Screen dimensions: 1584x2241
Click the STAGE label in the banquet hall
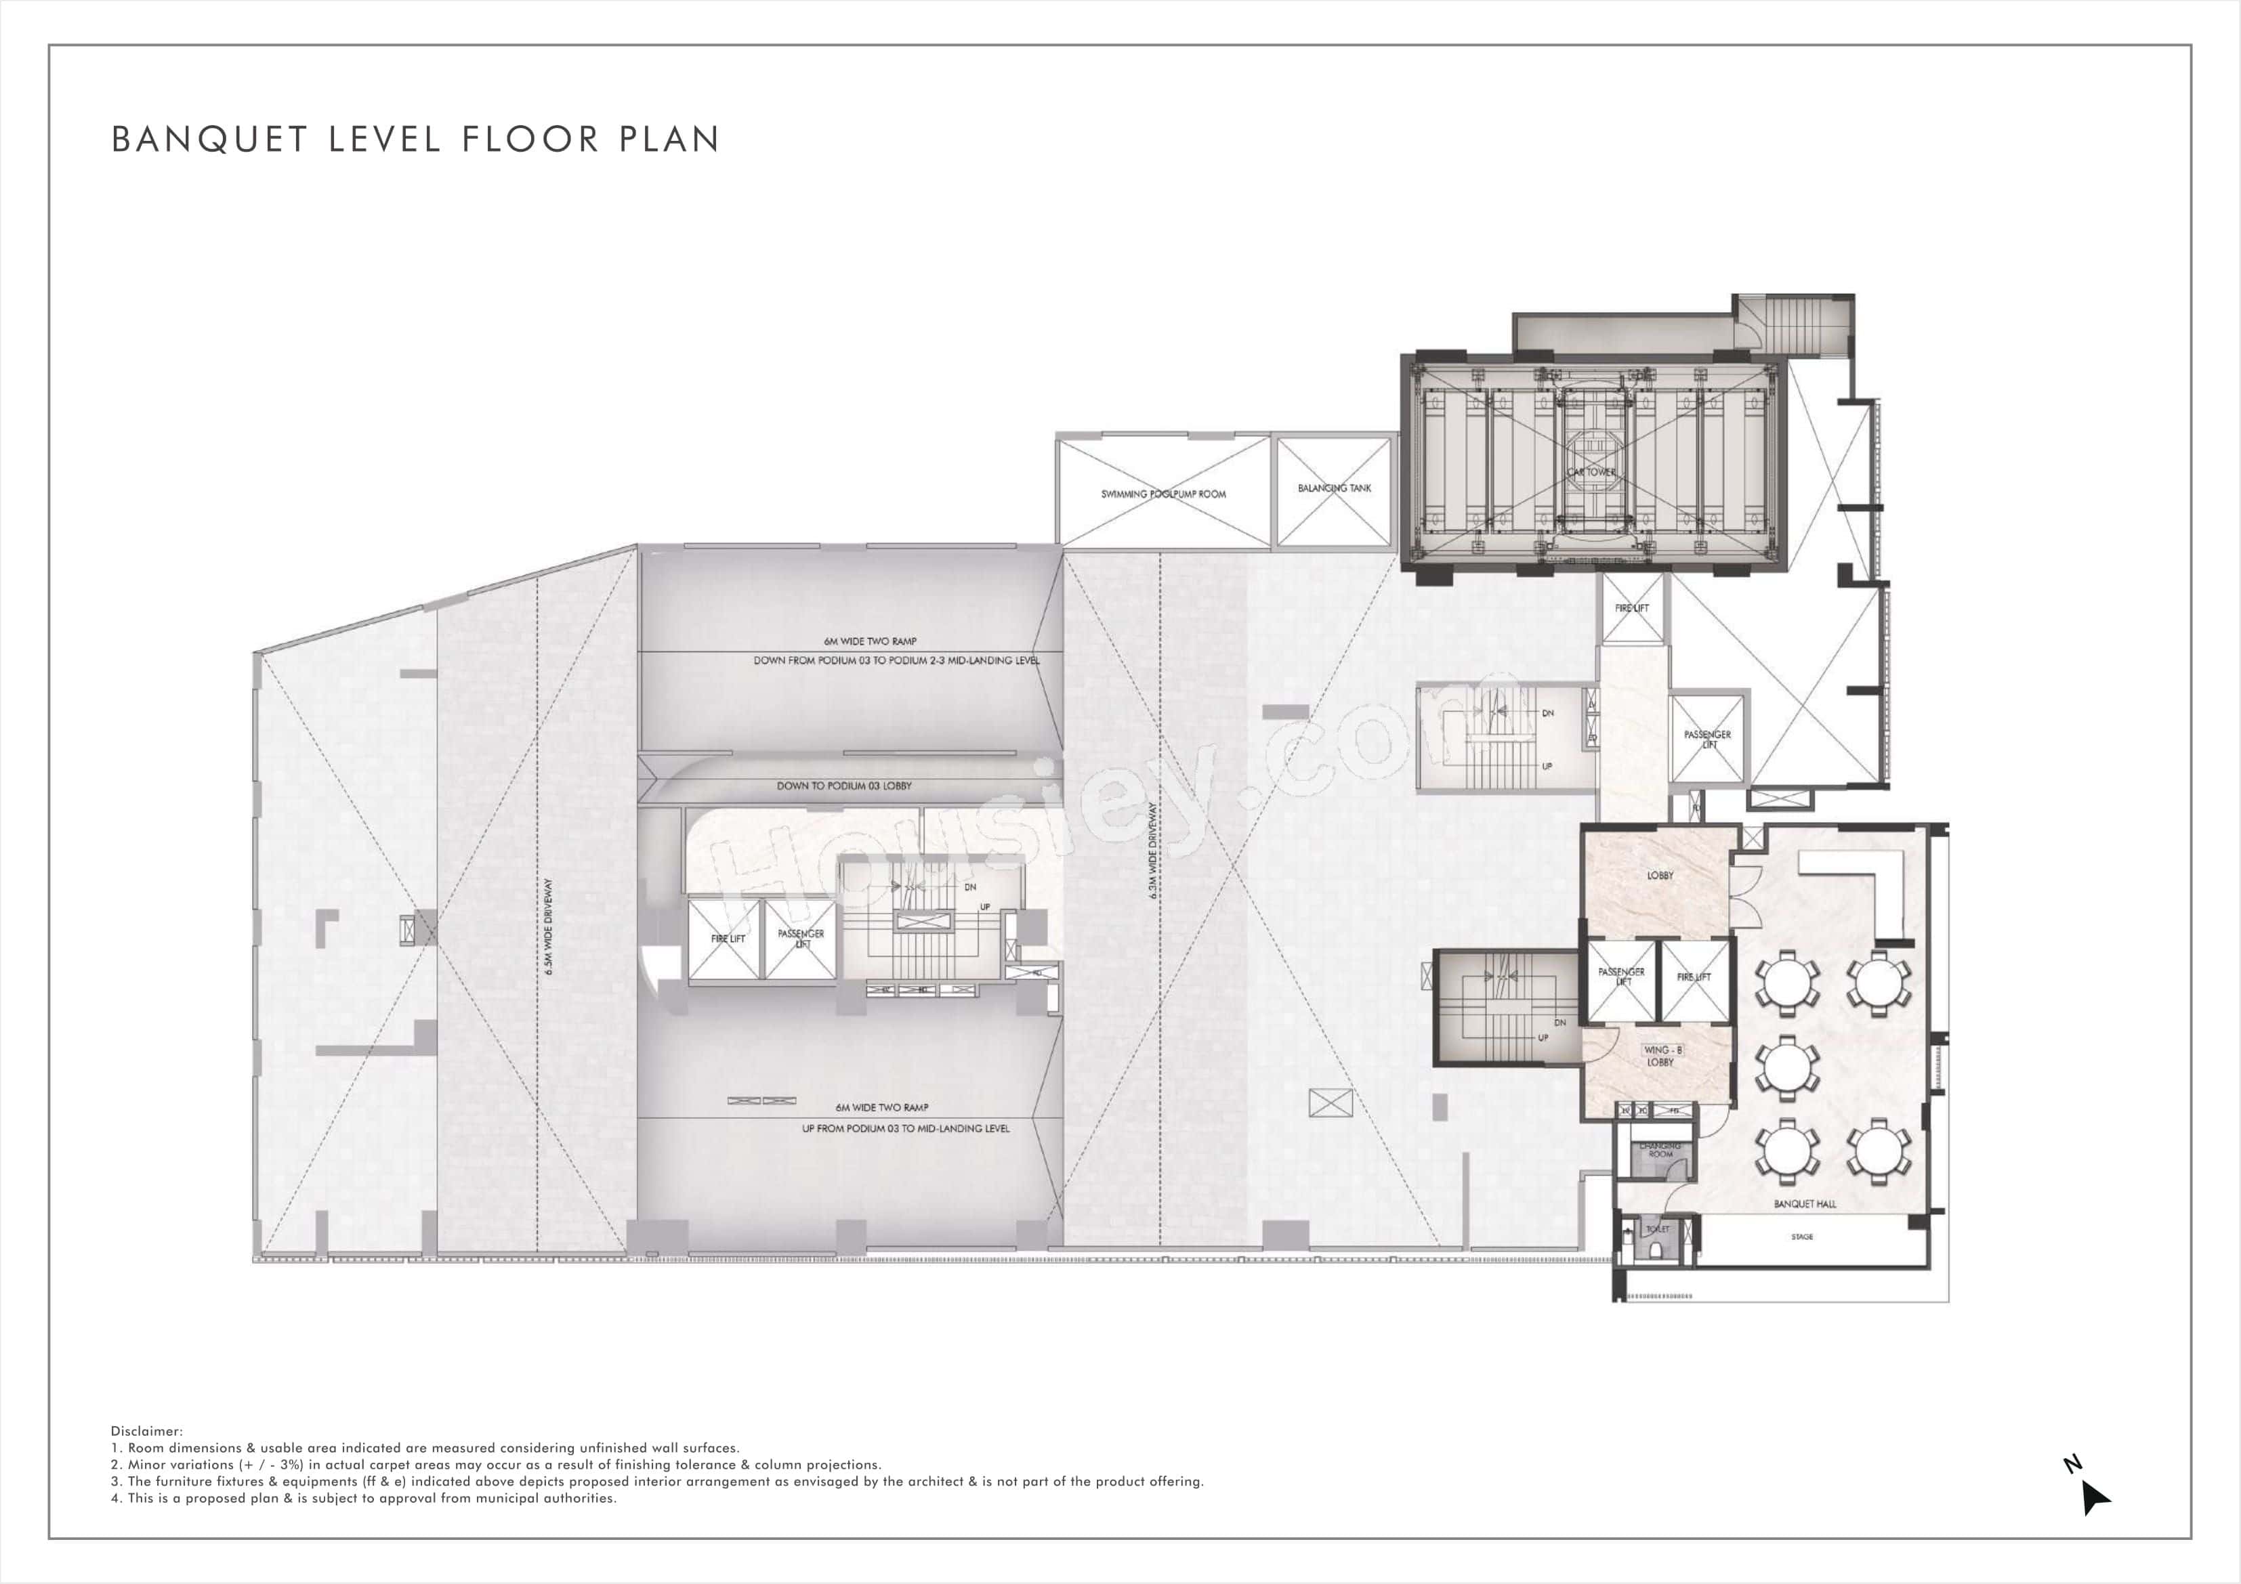1802,1237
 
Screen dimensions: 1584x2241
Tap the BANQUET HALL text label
1805,1204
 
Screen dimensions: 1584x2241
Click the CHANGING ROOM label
1660,1150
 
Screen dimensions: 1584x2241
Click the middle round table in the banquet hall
1787,1068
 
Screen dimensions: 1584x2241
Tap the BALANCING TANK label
1335,488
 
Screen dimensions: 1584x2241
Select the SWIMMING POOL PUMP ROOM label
1163,494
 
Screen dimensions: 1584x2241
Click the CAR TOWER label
1591,471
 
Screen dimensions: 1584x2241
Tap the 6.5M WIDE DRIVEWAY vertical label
549,926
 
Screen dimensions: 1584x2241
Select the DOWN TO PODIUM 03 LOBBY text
843,786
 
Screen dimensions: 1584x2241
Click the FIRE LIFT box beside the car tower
1631,608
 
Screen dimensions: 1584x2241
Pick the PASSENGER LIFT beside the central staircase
800,939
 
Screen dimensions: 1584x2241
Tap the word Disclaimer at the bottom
146,1431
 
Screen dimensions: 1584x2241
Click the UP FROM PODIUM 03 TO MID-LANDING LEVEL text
905,1128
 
